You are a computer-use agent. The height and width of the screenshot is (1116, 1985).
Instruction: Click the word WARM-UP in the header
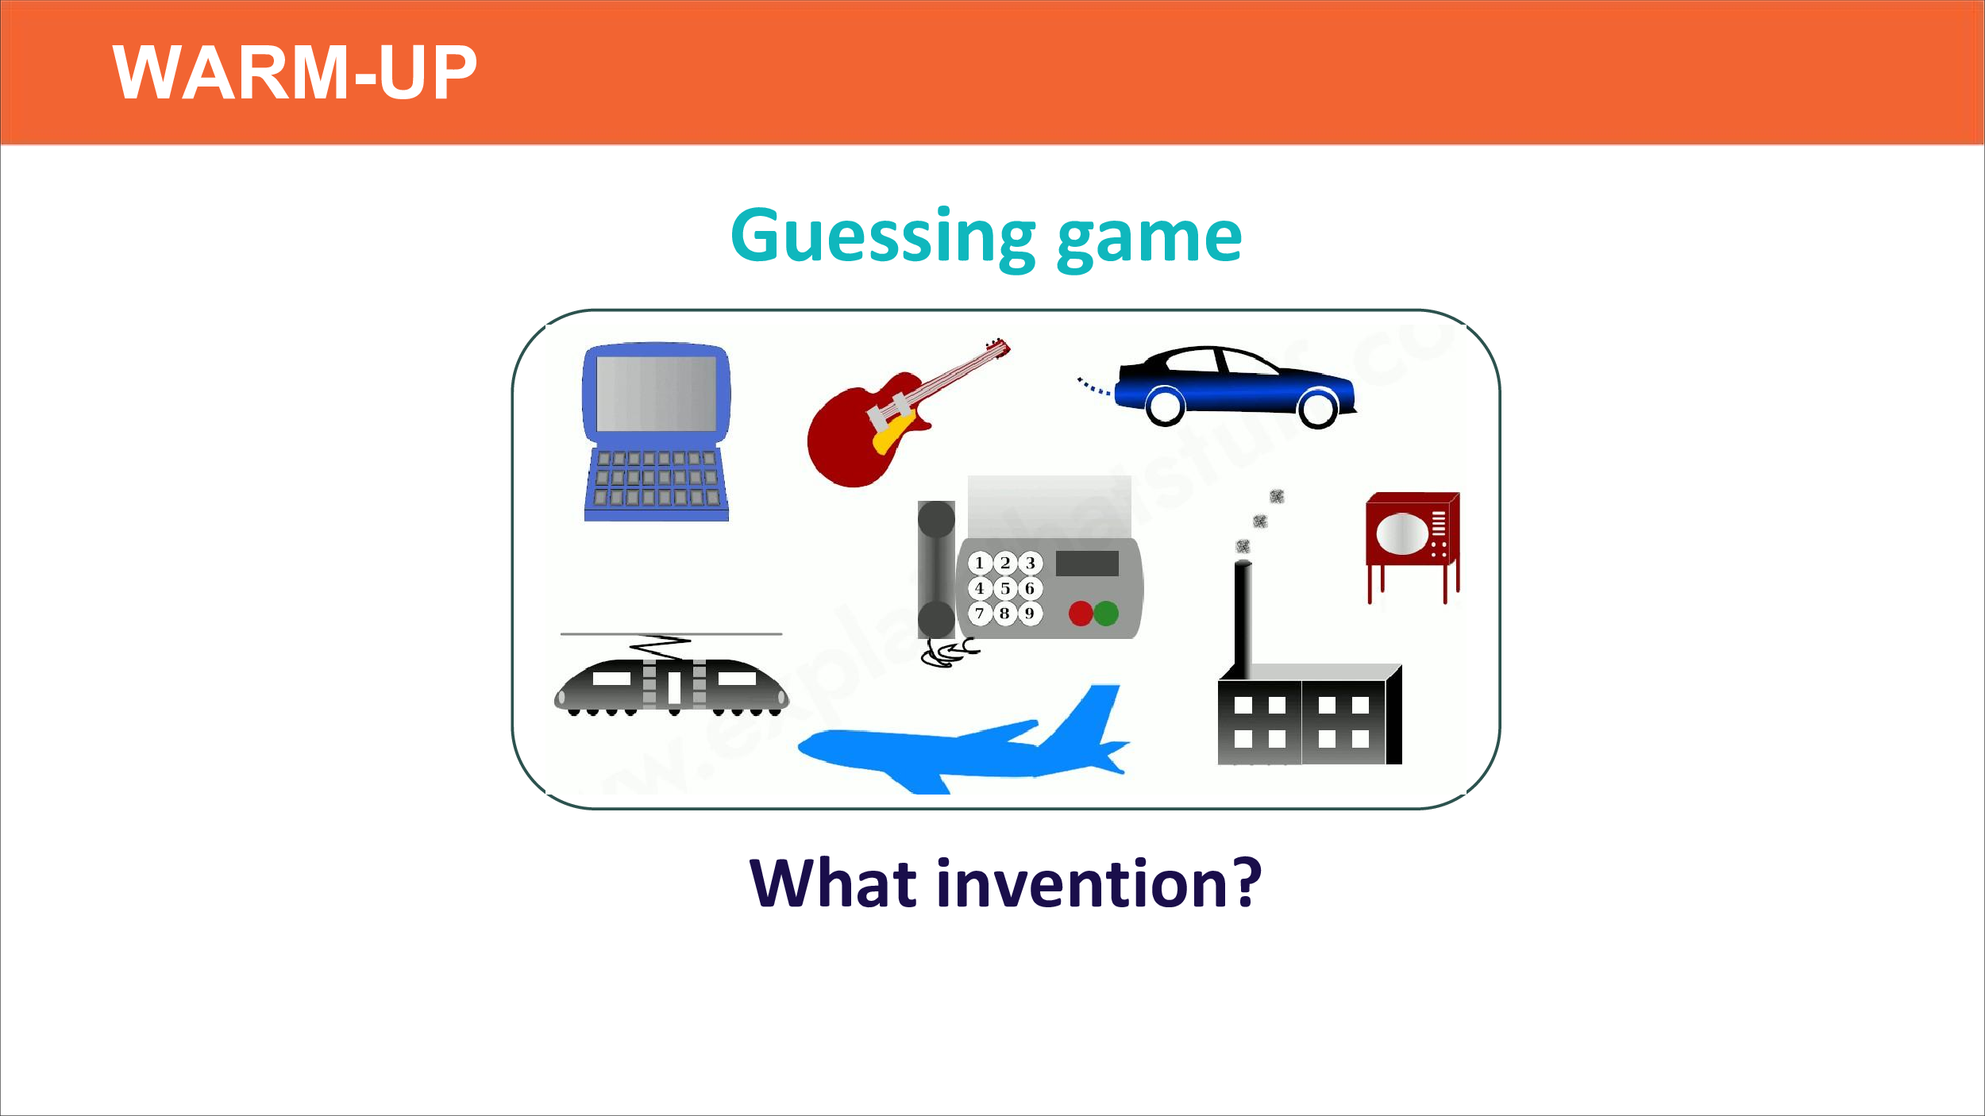tap(295, 72)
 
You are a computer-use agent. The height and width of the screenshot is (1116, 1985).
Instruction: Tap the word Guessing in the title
tap(883, 237)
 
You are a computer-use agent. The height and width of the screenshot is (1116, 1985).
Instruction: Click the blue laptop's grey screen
tap(656, 394)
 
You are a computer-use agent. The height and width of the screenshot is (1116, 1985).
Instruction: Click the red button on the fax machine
tap(1081, 614)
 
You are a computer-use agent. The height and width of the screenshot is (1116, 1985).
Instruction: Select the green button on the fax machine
tap(1106, 614)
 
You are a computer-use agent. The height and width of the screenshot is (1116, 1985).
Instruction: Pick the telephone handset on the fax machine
tap(936, 570)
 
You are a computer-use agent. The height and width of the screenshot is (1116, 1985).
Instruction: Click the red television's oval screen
tap(1402, 534)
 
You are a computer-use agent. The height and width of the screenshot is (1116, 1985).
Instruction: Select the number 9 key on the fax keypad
tap(1030, 614)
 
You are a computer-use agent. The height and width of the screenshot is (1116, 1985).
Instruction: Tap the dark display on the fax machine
tap(1087, 564)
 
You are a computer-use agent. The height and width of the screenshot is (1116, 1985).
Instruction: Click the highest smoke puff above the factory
tap(1277, 496)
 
